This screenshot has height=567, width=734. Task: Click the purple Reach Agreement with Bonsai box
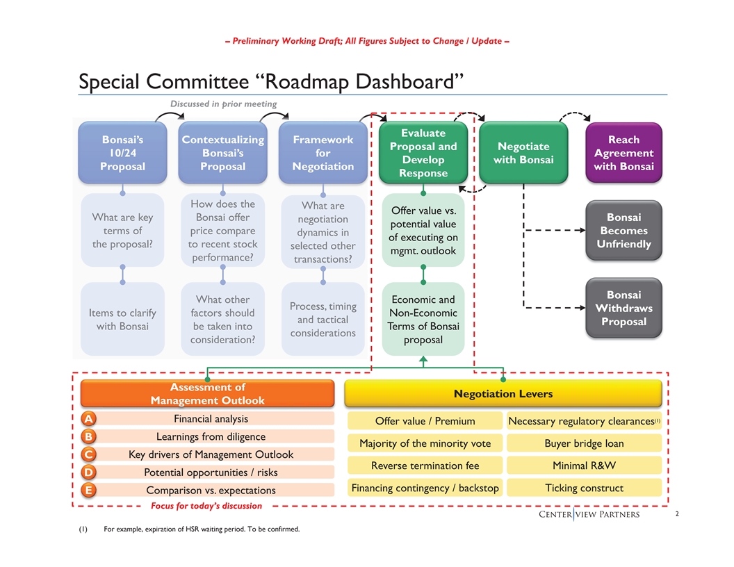[x=623, y=152]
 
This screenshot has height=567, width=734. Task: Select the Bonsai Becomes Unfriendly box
[x=623, y=230]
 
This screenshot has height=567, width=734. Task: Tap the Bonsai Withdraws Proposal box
[x=623, y=308]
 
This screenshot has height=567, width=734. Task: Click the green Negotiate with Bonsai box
[x=523, y=152]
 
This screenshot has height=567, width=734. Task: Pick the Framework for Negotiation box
[x=323, y=152]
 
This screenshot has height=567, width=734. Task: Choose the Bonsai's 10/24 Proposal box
[x=122, y=152]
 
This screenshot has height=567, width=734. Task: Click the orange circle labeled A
[x=88, y=418]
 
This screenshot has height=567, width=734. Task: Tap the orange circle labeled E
[x=88, y=490]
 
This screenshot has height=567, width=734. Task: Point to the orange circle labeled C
[x=88, y=454]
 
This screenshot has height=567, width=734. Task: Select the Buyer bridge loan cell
[x=584, y=443]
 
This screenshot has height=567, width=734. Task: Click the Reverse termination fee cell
[x=425, y=466]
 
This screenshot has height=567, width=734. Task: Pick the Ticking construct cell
[x=584, y=488]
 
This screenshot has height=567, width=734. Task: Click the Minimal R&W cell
[x=584, y=466]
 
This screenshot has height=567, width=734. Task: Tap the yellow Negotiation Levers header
[x=503, y=393]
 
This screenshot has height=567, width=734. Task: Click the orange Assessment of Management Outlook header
[x=207, y=393]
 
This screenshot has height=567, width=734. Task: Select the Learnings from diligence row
[x=211, y=436]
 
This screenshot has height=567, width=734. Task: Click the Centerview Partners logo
[x=589, y=514]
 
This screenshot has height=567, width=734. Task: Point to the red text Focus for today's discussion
[x=206, y=506]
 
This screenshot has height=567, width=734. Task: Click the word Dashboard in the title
[x=405, y=81]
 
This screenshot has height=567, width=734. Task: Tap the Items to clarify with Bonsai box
[x=122, y=319]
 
